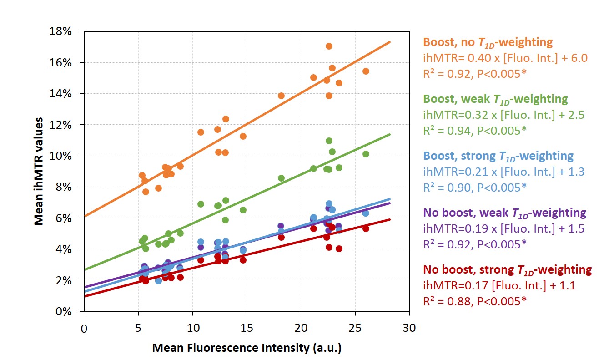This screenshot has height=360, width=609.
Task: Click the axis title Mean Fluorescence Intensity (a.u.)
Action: (247, 348)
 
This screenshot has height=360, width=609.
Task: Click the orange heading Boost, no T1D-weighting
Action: (488, 42)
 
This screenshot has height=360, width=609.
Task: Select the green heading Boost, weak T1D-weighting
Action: (495, 99)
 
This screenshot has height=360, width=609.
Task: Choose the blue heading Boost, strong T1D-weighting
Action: (498, 156)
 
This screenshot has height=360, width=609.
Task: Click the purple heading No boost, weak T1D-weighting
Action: (504, 213)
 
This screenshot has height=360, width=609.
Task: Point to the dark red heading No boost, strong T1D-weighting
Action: (507, 269)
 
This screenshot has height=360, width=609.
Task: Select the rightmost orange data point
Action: (366, 71)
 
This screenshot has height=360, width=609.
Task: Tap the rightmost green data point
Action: (366, 154)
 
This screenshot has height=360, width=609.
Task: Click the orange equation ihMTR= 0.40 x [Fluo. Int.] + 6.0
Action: (493, 57)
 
